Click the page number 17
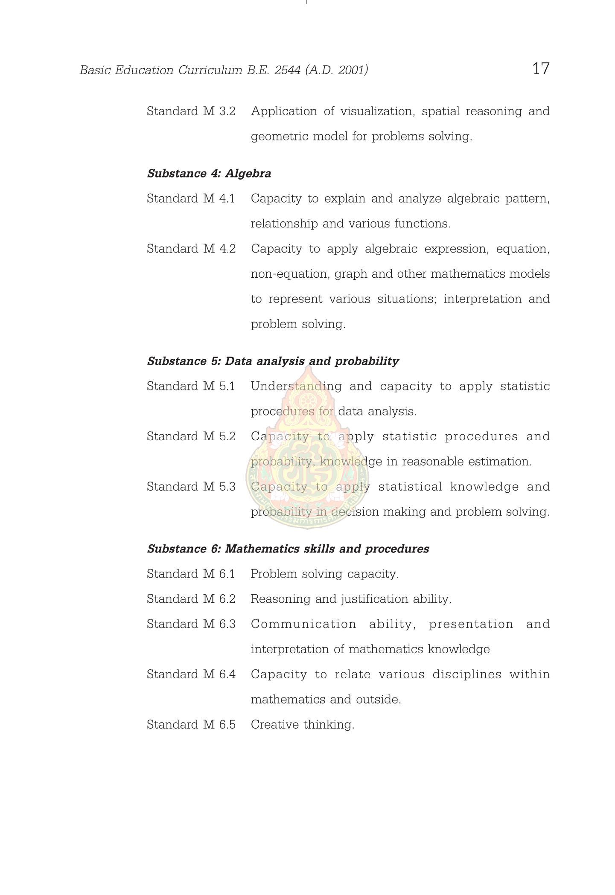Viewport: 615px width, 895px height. (x=541, y=69)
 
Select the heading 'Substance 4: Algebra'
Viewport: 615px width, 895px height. (x=209, y=174)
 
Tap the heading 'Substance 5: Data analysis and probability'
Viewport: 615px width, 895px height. (x=273, y=361)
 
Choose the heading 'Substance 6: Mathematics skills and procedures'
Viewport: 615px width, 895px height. (x=288, y=549)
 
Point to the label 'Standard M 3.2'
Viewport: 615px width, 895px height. (x=191, y=111)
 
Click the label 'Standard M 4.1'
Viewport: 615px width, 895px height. (x=191, y=199)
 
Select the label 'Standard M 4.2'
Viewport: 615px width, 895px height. (x=191, y=249)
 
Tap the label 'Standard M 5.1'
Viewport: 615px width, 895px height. (x=191, y=386)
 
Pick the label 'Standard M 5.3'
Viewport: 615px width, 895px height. (x=191, y=487)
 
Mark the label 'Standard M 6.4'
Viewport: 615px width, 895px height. (x=191, y=674)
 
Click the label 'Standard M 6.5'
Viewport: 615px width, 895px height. (x=191, y=725)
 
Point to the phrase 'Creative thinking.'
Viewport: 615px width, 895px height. (x=303, y=725)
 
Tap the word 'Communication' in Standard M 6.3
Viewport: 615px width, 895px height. (x=303, y=625)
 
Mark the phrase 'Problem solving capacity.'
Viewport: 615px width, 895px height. (x=325, y=574)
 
